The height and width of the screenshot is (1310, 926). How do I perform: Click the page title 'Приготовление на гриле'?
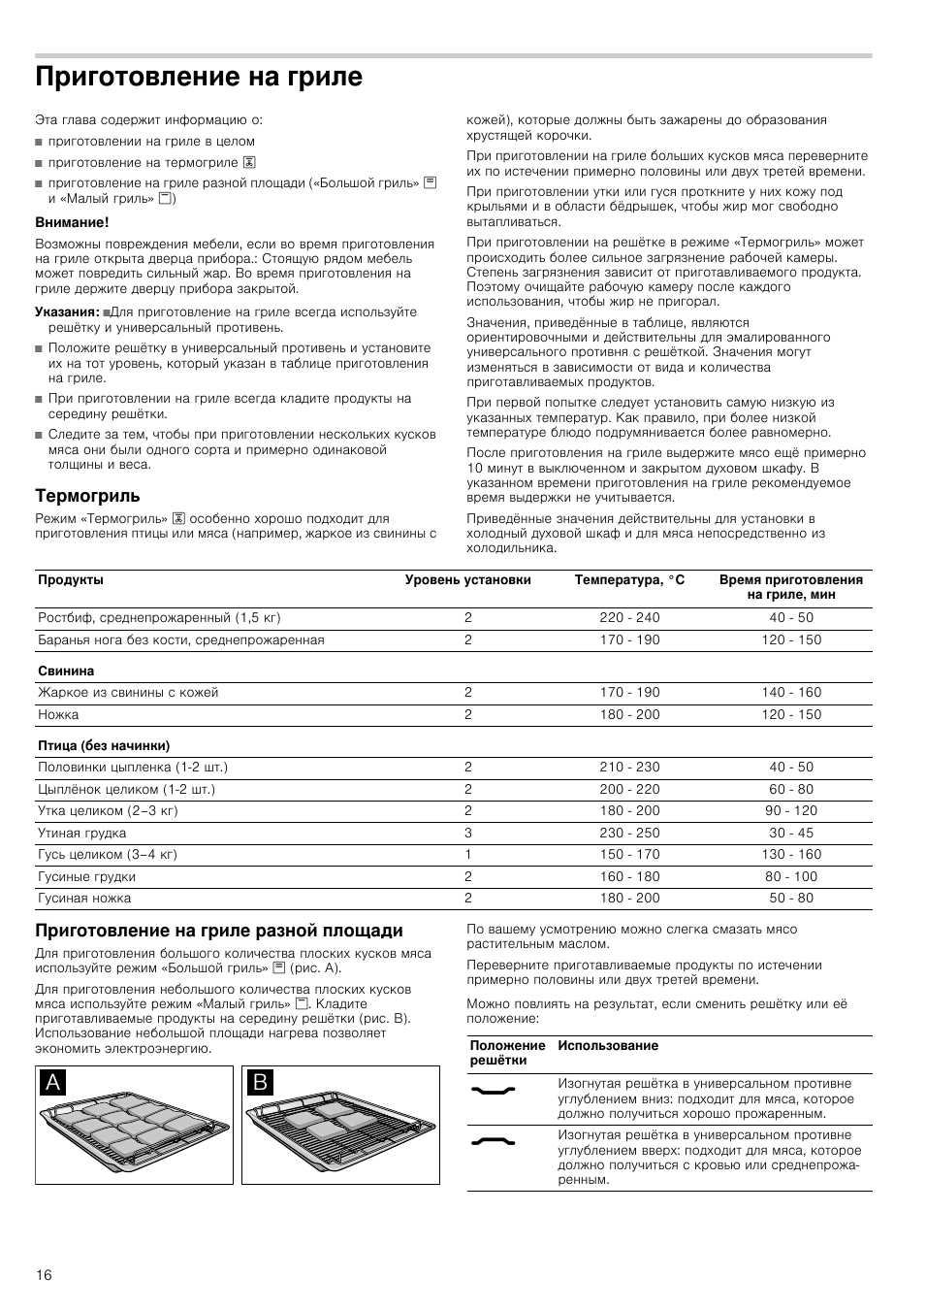(199, 77)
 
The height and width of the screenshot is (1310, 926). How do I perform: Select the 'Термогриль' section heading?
(87, 496)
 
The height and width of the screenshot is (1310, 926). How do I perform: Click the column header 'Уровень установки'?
(467, 580)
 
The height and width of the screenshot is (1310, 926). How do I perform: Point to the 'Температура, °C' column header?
(629, 580)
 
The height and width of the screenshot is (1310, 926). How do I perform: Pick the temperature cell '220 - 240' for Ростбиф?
(629, 618)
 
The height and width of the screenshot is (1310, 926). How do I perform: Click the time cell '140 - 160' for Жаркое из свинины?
(791, 693)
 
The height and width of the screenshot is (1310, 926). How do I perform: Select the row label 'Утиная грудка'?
(82, 834)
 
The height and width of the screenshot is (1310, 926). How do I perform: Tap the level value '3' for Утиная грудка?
(468, 834)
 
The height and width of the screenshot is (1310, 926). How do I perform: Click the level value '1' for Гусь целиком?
(468, 855)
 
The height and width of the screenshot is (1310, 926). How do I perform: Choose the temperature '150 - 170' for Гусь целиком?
(629, 855)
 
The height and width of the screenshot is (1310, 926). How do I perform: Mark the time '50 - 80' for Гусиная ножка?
(791, 899)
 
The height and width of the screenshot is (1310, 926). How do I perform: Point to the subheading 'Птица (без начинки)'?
(104, 746)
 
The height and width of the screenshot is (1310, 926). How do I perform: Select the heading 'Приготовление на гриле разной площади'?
(219, 931)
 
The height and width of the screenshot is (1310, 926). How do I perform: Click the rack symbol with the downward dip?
(493, 1091)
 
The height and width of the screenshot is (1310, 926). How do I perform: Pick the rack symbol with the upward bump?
(493, 1142)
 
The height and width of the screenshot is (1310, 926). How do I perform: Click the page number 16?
(44, 1274)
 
